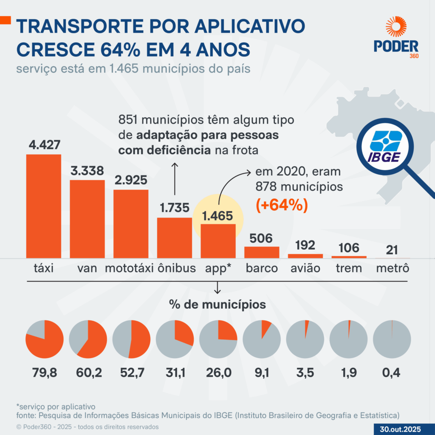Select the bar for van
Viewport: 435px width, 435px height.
(x=87, y=219)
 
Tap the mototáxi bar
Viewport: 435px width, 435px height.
(x=131, y=223)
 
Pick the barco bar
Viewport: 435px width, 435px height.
(x=262, y=252)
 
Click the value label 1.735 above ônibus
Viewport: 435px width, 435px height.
(x=174, y=209)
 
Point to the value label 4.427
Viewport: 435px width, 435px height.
(x=44, y=145)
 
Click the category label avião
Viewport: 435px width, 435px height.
(x=305, y=268)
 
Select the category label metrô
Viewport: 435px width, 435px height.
(x=393, y=268)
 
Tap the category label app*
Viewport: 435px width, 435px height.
(x=218, y=268)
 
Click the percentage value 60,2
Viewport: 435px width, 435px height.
(x=88, y=373)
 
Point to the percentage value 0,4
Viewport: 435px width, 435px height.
(x=393, y=373)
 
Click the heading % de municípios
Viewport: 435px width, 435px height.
(x=217, y=305)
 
